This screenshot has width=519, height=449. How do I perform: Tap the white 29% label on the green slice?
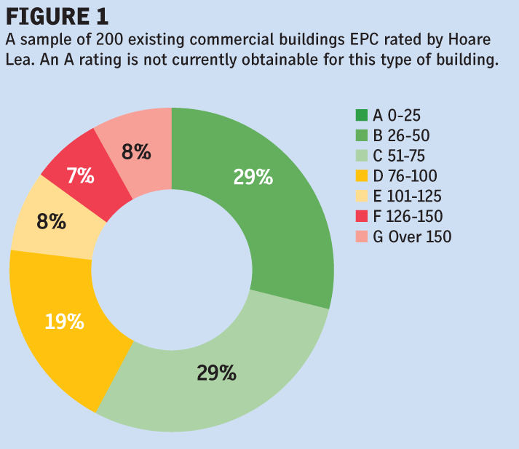click(253, 177)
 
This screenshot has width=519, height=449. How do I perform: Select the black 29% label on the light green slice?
click(216, 373)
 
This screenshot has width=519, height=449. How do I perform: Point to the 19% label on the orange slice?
click(64, 322)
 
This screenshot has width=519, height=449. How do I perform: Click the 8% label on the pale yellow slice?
click(52, 221)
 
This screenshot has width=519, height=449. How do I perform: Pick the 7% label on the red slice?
click(80, 175)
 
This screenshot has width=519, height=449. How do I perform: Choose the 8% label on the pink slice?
click(136, 152)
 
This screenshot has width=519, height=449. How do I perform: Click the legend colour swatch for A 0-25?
click(362, 115)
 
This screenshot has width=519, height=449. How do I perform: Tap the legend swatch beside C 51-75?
click(362, 156)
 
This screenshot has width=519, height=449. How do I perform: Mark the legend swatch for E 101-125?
click(362, 196)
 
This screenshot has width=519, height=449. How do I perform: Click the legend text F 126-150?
click(408, 216)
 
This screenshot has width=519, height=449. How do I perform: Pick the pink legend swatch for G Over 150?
click(362, 237)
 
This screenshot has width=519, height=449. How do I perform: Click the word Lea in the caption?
click(19, 60)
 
